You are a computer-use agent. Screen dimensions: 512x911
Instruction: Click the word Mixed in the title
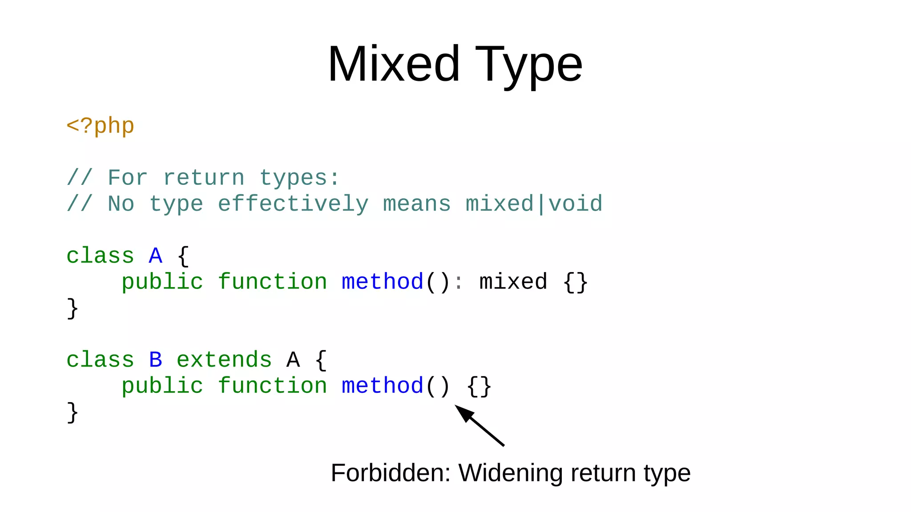click(x=394, y=64)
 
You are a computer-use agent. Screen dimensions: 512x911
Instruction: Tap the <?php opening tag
click(x=100, y=126)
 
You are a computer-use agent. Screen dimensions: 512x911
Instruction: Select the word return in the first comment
click(x=204, y=178)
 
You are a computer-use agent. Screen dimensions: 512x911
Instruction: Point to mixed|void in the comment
click(x=534, y=204)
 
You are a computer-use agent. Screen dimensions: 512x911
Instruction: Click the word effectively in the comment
click(x=293, y=204)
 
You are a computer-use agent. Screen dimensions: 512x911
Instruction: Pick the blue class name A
click(x=155, y=256)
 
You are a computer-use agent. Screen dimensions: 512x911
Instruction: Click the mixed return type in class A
click(x=513, y=282)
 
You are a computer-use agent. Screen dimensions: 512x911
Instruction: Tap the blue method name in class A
click(x=383, y=282)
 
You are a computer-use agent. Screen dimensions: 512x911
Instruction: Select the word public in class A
click(x=162, y=282)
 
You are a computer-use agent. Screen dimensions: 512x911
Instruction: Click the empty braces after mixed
click(x=575, y=282)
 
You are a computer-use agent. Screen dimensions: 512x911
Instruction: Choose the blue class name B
click(x=155, y=360)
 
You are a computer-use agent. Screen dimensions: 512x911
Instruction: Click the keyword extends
click(x=224, y=360)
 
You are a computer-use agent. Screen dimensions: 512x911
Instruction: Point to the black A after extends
click(x=293, y=360)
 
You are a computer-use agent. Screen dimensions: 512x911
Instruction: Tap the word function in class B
click(x=272, y=386)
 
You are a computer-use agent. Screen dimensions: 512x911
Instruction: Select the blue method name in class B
click(x=383, y=386)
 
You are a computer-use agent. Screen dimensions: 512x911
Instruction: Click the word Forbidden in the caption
click(x=391, y=472)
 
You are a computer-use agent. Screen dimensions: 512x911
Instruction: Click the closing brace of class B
click(x=73, y=412)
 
